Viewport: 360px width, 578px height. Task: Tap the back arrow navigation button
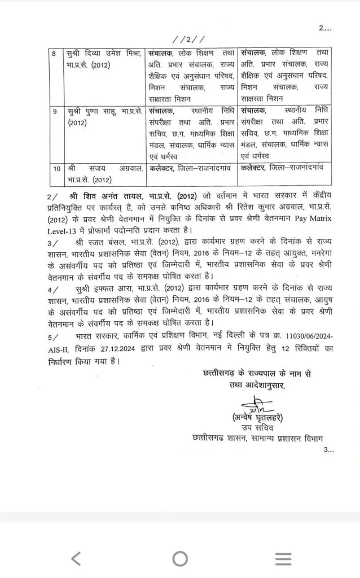pos(76,558)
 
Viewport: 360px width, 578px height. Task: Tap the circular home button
pos(180,558)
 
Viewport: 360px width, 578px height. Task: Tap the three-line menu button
pos(283,558)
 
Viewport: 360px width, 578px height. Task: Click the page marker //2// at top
pos(190,39)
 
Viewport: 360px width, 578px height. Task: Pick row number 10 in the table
pos(56,168)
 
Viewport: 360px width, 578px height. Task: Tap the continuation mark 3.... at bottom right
pos(329,450)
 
